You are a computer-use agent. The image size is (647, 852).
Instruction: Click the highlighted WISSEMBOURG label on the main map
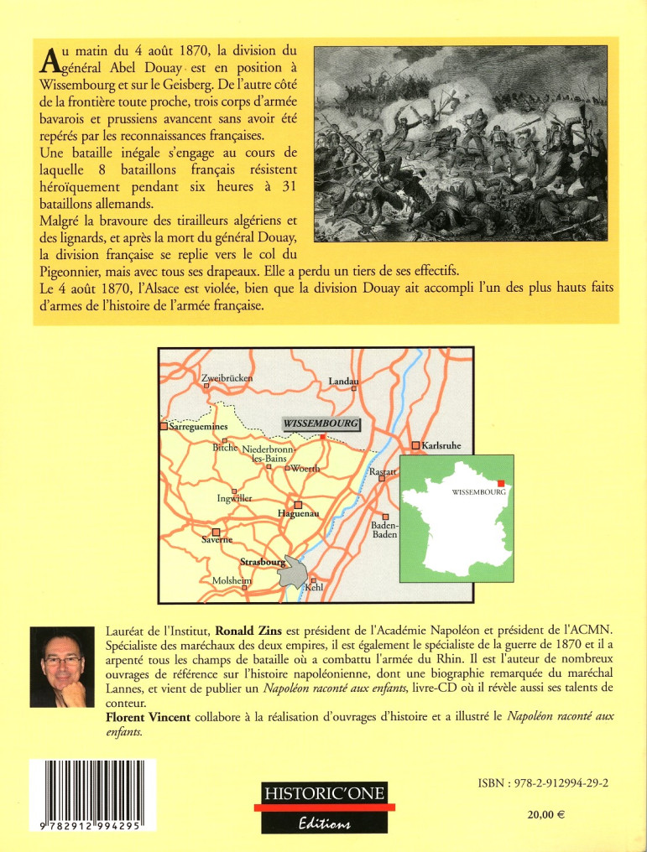click(x=321, y=424)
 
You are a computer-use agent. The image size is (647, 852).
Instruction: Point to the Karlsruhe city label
click(x=441, y=445)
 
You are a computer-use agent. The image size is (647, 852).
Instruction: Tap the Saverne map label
click(x=216, y=541)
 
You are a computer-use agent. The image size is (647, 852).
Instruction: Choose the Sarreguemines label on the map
click(x=199, y=427)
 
